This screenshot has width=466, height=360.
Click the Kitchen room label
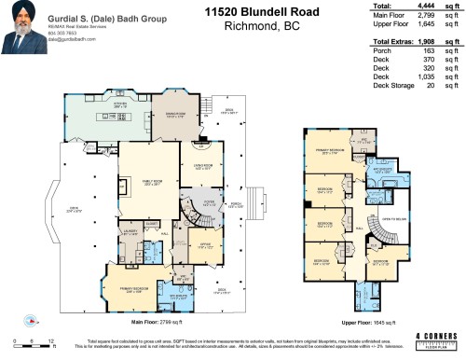pyautogui.click(x=94, y=105)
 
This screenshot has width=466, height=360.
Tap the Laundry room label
pyautogui.click(x=130, y=230)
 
